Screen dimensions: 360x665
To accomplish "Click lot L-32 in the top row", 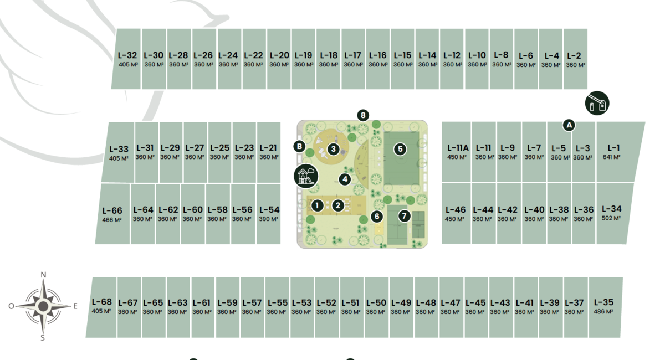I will tap(127, 59).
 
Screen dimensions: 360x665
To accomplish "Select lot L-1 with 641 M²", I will tap(613, 152).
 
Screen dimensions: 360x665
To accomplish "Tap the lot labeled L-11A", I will tap(458, 152).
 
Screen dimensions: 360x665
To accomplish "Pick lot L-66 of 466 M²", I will tap(112, 214).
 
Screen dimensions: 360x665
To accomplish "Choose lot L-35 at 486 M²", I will tap(603, 306).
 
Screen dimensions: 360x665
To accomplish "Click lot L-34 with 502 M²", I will tap(611, 213).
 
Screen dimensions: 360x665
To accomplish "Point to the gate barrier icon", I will tap(597, 103).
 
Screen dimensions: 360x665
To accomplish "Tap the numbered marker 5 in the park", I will tap(400, 149).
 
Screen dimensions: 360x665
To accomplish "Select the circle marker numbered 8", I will tap(363, 115).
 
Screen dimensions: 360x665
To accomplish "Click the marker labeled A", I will tap(568, 125).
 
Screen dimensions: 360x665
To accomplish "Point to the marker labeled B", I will tap(299, 146).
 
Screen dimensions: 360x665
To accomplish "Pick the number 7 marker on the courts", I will tap(404, 215).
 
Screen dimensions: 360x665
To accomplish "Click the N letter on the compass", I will tap(43, 275).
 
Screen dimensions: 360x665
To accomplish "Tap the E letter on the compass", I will tap(75, 306).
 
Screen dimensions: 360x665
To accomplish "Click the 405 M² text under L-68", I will tap(101, 311).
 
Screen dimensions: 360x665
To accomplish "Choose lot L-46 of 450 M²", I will tap(456, 214).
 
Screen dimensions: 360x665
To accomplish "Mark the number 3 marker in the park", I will tap(333, 148).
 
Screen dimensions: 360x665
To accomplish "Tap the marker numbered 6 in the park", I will tap(377, 217).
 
